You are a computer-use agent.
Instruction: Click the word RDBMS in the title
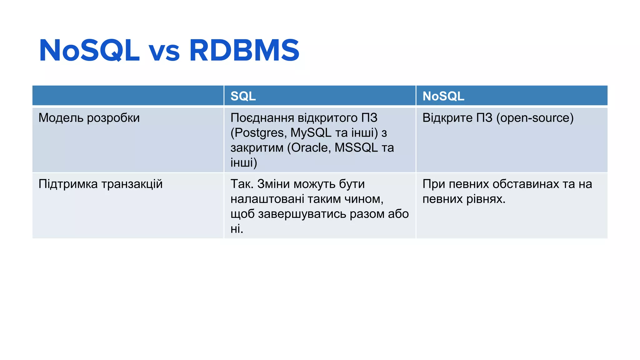pyautogui.click(x=244, y=50)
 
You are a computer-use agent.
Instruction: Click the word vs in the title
pyautogui.click(x=164, y=52)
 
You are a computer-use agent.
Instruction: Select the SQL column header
pyautogui.click(x=243, y=96)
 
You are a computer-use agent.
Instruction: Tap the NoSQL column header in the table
pyautogui.click(x=443, y=96)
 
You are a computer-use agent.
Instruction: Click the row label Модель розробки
pyautogui.click(x=89, y=118)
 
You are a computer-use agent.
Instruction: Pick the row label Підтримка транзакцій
pyautogui.click(x=100, y=184)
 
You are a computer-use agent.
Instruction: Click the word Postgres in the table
pyautogui.click(x=259, y=133)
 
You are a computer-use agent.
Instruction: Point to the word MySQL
pyautogui.click(x=311, y=133)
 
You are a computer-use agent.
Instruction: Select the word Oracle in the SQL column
pyautogui.click(x=311, y=148)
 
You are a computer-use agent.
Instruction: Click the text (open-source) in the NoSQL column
pyautogui.click(x=535, y=118)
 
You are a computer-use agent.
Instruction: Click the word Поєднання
pyautogui.click(x=262, y=118)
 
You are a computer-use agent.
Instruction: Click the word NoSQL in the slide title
pyautogui.click(x=89, y=50)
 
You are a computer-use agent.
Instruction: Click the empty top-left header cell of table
pyautogui.click(x=128, y=96)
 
